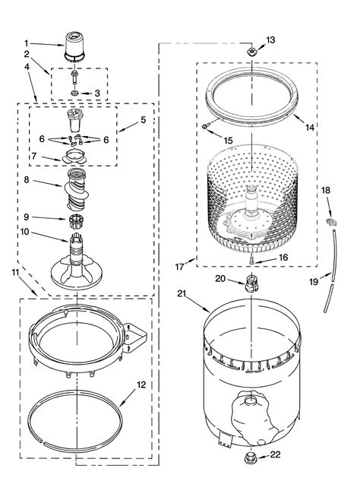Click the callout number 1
26,43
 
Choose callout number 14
309,128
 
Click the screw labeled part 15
205,125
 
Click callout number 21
182,293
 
